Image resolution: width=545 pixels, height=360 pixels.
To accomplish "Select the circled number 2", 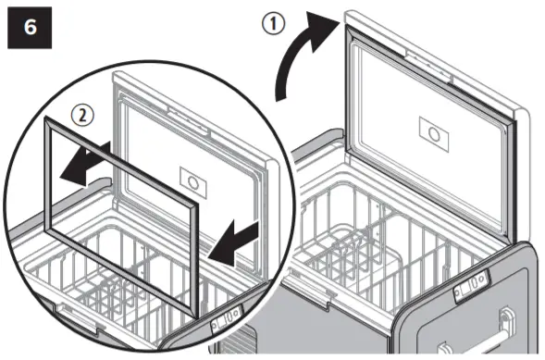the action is pos(82,115).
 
